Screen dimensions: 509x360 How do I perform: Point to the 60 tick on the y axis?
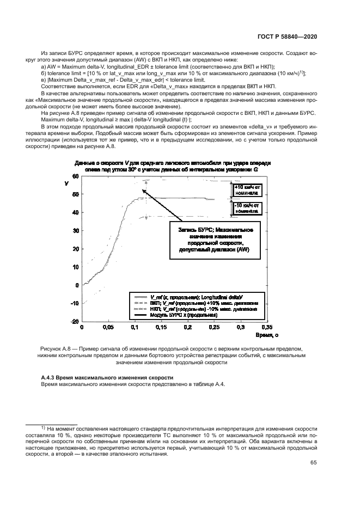tap(76, 177)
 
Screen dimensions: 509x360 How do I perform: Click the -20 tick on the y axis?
tap(75, 322)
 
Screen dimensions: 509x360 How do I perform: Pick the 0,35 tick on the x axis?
tap(266, 328)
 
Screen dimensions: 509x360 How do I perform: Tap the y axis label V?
tap(66, 183)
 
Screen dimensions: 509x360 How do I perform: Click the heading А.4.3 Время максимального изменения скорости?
tap(107, 378)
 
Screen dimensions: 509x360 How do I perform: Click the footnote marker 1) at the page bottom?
tap(44, 428)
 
